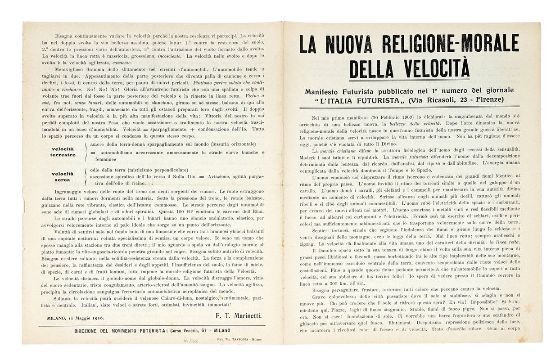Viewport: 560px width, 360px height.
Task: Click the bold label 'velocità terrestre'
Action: click(x=63, y=152)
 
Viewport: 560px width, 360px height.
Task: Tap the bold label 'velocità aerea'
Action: click(x=63, y=176)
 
